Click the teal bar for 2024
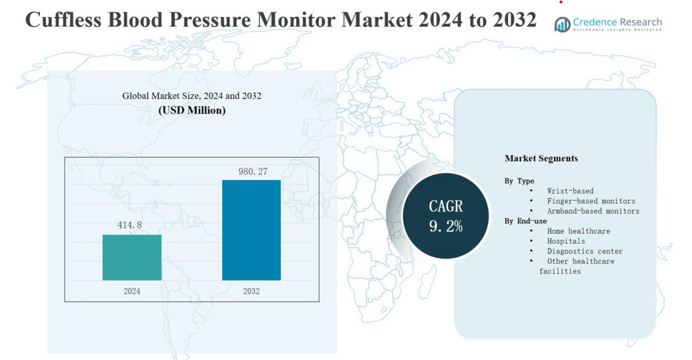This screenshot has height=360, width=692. click(x=132, y=257)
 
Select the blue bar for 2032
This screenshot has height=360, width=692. click(x=251, y=230)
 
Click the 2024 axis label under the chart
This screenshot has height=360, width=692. click(x=132, y=291)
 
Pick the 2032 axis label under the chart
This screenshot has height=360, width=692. click(x=251, y=291)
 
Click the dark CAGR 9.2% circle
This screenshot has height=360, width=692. click(x=445, y=215)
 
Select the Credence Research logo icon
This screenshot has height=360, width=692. click(x=562, y=25)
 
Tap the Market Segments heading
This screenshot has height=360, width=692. click(x=541, y=158)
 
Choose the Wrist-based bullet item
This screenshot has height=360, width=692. click(x=570, y=191)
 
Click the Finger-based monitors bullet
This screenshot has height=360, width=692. click(x=591, y=201)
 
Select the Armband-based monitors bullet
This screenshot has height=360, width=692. click(x=593, y=211)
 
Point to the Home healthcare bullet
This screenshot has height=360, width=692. click(x=578, y=231)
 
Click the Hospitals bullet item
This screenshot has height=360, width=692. click(x=566, y=241)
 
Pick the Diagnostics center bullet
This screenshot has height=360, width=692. click(x=584, y=251)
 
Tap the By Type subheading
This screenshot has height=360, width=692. click(x=519, y=181)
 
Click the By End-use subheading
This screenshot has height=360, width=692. click(x=525, y=221)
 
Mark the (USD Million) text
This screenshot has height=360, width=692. click(x=192, y=110)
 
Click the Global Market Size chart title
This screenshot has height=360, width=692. click(x=192, y=96)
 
